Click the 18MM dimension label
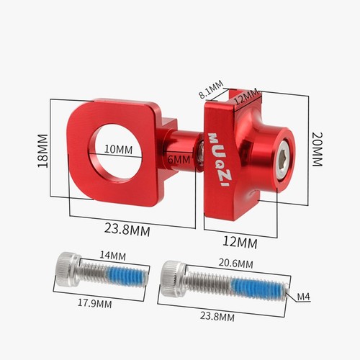pyautogui.click(x=42, y=150)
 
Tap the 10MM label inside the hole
pyautogui.click(x=118, y=150)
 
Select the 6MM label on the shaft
pyautogui.click(x=179, y=160)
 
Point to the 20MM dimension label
pyautogui.click(x=318, y=149)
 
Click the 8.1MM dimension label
pyautogui.click(x=211, y=89)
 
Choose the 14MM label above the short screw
pyautogui.click(x=112, y=256)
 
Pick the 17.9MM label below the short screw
pyautogui.click(x=94, y=304)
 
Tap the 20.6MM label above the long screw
pyautogui.click(x=235, y=264)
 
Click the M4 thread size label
pyautogui.click(x=304, y=297)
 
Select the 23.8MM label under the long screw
pyautogui.click(x=217, y=316)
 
